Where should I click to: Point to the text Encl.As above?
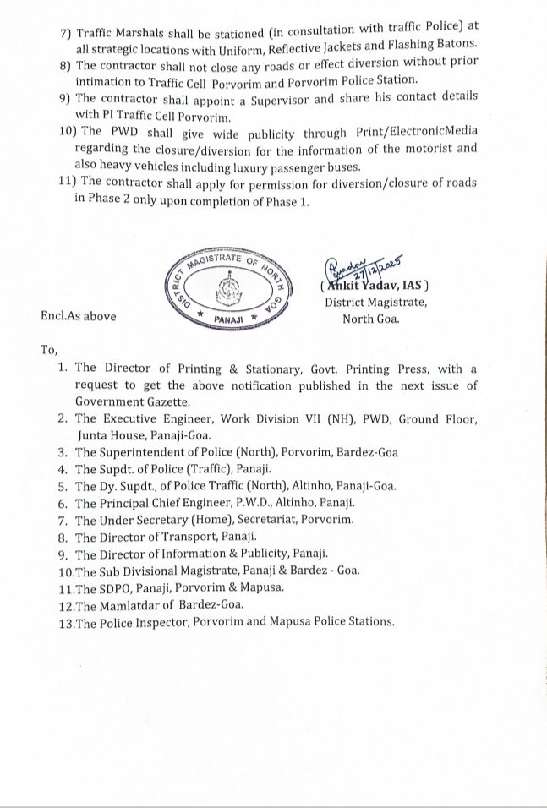pyautogui.click(x=78, y=315)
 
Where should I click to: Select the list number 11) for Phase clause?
pyautogui.click(x=46, y=183)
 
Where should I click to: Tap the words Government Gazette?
pyautogui.click(x=133, y=401)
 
